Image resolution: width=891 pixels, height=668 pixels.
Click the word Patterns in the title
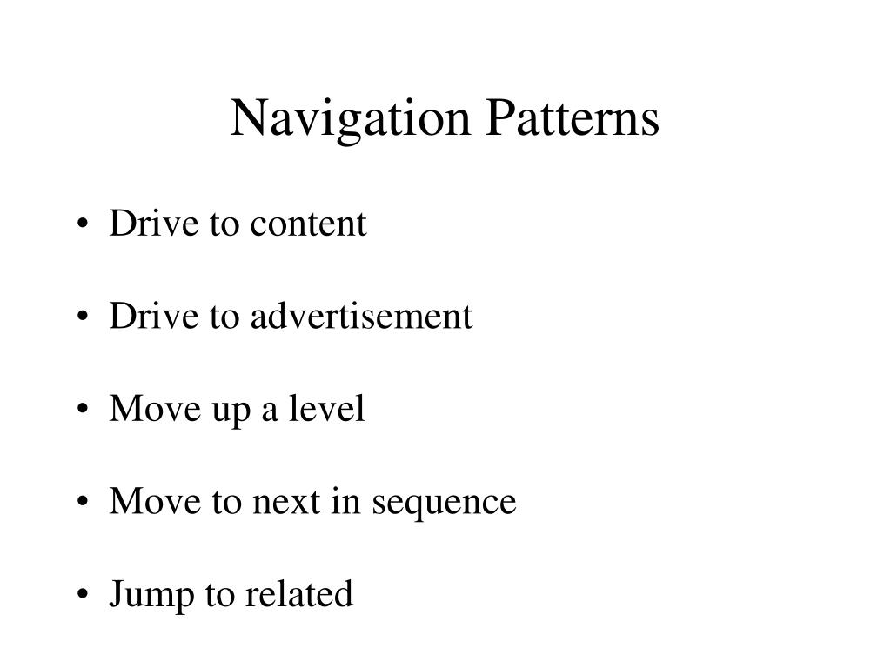coord(572,119)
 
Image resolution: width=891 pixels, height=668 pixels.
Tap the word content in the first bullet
coord(309,224)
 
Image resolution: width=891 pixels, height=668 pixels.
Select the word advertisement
coord(362,317)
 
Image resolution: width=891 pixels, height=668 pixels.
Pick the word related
coord(299,594)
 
